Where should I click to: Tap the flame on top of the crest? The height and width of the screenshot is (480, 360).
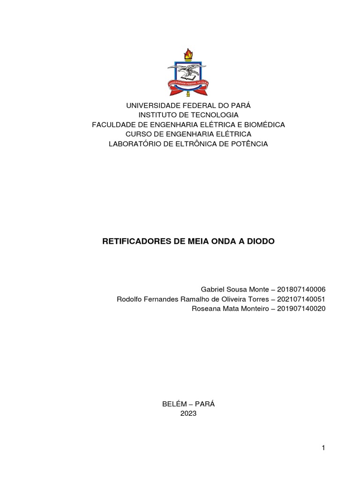point(188,54)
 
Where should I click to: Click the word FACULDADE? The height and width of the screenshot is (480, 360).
point(112,125)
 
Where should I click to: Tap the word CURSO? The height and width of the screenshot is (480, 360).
point(139,134)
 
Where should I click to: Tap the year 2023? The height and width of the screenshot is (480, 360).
point(188,413)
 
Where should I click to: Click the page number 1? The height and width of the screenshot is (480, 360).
point(323,448)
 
